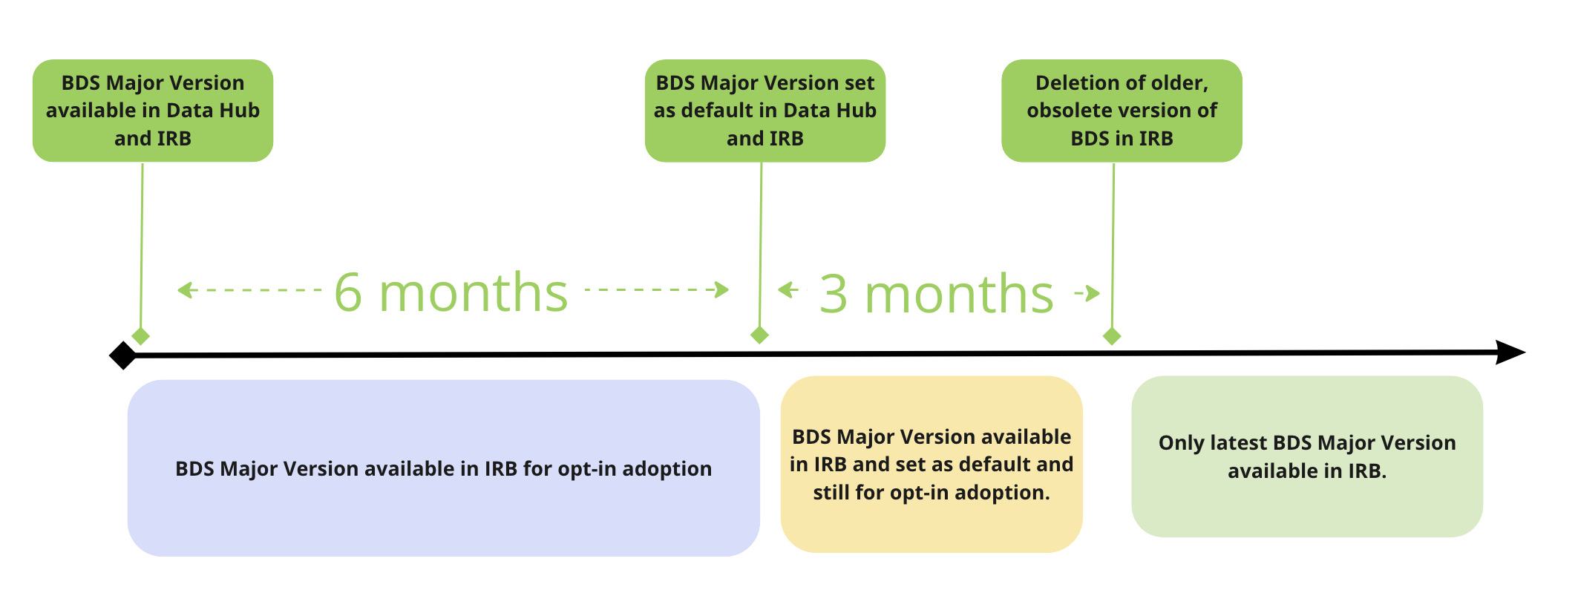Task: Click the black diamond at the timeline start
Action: pos(123,355)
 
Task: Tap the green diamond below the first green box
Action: pos(141,336)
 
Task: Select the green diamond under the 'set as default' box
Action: pos(759,335)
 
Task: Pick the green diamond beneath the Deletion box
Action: pos(1112,336)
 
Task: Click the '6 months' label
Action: pos(451,292)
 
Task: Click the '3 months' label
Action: pos(936,294)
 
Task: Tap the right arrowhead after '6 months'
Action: pos(721,289)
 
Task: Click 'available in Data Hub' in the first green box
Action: pos(153,111)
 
